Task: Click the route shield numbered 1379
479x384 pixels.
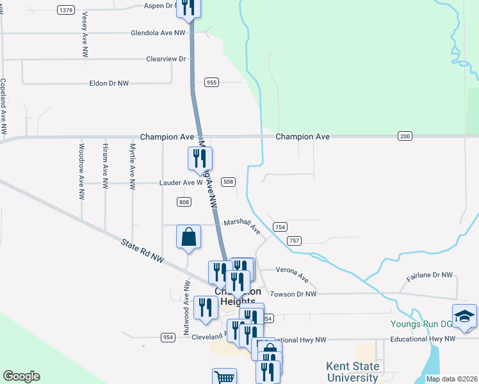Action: (x=65, y=10)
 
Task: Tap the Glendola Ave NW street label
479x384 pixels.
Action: (x=158, y=33)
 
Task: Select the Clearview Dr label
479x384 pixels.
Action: (x=165, y=59)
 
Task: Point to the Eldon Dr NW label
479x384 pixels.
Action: (x=108, y=83)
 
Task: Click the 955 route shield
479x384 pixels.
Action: (x=212, y=82)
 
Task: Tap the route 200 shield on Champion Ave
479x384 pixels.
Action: (x=405, y=136)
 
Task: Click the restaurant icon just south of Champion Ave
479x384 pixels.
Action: (x=200, y=158)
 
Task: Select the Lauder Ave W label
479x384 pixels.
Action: (x=181, y=182)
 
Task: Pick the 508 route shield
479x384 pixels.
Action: (x=229, y=182)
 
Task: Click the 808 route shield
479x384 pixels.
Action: (x=184, y=202)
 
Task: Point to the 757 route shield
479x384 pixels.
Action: (x=295, y=240)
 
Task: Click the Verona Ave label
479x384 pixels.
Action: (x=293, y=275)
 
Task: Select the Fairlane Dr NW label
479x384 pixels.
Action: (x=430, y=276)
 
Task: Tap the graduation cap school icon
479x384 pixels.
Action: (x=464, y=316)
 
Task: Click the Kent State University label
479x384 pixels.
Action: (x=353, y=372)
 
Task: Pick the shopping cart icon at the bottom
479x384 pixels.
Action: (x=224, y=378)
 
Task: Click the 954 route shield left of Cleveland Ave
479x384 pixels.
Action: (x=168, y=337)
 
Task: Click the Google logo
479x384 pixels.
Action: (x=21, y=376)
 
